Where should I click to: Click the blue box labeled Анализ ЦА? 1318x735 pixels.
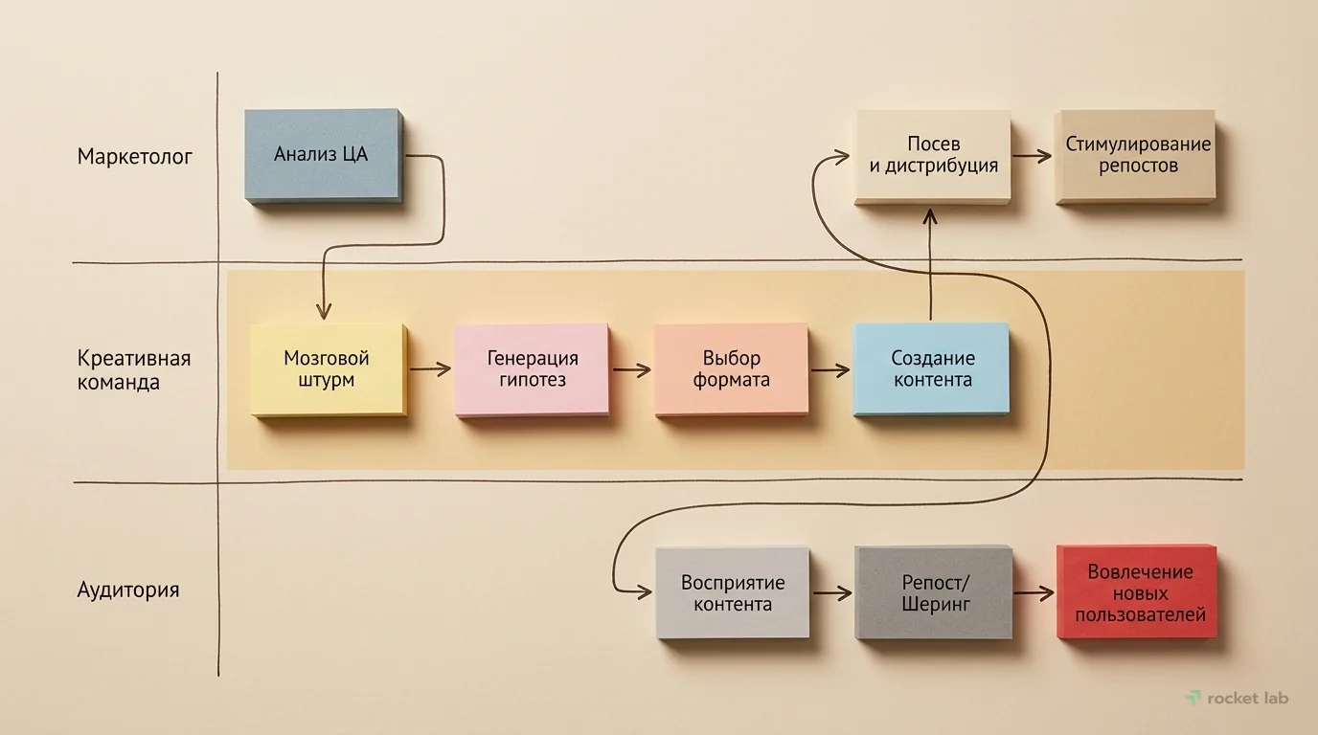coord(321,154)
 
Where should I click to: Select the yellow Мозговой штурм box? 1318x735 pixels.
coord(328,368)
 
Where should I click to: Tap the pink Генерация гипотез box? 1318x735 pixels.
coord(532,368)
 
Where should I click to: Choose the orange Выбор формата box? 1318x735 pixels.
coord(731,368)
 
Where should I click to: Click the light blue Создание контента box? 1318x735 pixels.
coord(932,368)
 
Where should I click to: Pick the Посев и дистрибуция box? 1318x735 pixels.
coord(933,156)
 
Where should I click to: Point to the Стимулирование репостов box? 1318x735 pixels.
coord(1136,156)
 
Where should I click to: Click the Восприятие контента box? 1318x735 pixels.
coord(732,592)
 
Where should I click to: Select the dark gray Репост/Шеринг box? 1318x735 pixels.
coord(933,592)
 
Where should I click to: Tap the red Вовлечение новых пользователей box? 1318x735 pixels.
coord(1137,592)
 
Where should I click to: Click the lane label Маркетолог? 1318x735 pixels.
coord(135,156)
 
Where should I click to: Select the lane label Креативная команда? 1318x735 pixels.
coord(134,370)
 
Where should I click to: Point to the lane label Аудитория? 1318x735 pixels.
coord(128,590)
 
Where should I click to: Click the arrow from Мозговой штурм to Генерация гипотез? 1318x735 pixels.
coord(430,368)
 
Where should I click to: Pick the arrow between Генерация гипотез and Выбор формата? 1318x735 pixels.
coord(631,368)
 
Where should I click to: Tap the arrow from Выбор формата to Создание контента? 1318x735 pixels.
coord(830,369)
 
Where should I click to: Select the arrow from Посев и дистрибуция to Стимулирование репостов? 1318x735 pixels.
coord(1033,156)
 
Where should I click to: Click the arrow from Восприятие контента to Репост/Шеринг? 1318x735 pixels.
coord(831,593)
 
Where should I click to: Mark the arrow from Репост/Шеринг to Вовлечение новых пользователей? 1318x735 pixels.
coord(1034,593)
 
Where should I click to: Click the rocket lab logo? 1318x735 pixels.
coord(1237,698)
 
